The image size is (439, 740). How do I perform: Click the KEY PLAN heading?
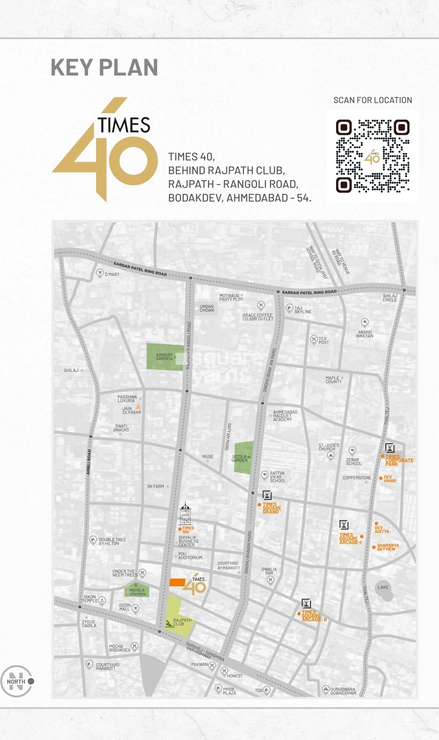pyautogui.click(x=104, y=68)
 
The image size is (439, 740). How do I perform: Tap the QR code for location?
pyautogui.click(x=372, y=156)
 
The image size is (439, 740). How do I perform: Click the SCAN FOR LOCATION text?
pyautogui.click(x=372, y=100)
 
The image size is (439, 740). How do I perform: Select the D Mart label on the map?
pyautogui.click(x=112, y=275)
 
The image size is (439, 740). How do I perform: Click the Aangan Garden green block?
pyautogui.click(x=164, y=357)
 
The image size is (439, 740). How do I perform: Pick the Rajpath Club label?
pyautogui.click(x=182, y=622)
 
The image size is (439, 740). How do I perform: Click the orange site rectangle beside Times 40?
pyautogui.click(x=177, y=582)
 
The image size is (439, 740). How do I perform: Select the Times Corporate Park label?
pyautogui.click(x=399, y=460)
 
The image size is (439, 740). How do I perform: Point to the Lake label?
pyautogui.click(x=383, y=588)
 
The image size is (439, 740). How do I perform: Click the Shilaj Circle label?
pyautogui.click(x=390, y=298)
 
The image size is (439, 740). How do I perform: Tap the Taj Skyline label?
pyautogui.click(x=303, y=310)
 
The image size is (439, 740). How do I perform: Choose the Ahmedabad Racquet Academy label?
pyautogui.click(x=285, y=416)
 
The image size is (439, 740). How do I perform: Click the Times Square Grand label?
pyautogui.click(x=272, y=508)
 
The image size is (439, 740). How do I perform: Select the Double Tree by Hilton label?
pyautogui.click(x=112, y=542)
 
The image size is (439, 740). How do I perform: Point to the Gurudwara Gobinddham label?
pyautogui.click(x=343, y=691)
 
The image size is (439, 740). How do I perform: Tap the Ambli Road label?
pyautogui.click(x=89, y=462)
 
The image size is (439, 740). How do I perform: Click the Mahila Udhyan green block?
pyautogui.click(x=137, y=592)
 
